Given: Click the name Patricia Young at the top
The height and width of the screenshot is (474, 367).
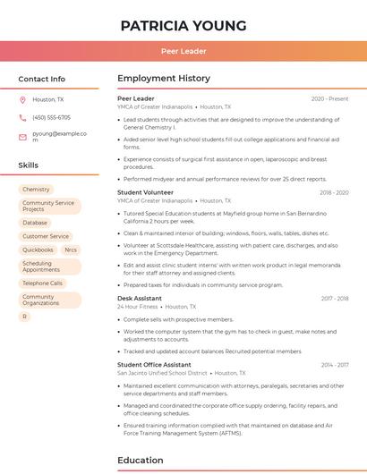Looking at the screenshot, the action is click(x=183, y=25).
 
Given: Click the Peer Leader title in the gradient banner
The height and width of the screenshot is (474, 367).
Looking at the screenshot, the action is click(x=183, y=51).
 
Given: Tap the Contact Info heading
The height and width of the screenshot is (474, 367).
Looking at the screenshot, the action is click(x=41, y=79).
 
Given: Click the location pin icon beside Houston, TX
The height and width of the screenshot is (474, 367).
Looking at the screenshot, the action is click(x=22, y=100).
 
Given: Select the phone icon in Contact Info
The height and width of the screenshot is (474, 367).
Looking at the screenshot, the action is click(x=22, y=117).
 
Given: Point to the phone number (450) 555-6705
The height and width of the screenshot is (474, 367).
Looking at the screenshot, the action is click(x=51, y=117).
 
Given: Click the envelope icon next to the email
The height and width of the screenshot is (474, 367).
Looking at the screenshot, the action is click(x=22, y=137).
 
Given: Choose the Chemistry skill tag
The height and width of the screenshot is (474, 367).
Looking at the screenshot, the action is click(x=36, y=190).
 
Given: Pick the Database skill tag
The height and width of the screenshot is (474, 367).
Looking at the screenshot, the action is click(x=35, y=223).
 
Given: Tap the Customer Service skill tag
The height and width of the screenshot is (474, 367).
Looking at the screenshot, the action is click(x=45, y=236).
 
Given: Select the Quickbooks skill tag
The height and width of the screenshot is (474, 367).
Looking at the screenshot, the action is click(x=38, y=250).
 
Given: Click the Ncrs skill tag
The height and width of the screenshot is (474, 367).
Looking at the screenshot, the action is click(x=71, y=250).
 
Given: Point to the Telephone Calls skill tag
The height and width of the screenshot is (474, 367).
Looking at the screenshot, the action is click(x=42, y=283).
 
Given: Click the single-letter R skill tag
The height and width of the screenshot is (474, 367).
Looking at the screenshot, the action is click(x=25, y=316).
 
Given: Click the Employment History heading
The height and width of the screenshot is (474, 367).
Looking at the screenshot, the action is click(x=164, y=79).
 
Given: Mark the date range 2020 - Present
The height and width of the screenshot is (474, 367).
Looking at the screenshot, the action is click(x=329, y=98).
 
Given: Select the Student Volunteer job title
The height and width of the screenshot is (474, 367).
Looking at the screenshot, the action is click(x=145, y=192).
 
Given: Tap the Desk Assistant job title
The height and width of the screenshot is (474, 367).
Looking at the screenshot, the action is click(x=140, y=298).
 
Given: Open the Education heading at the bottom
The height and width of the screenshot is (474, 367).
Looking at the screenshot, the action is click(x=141, y=461).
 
